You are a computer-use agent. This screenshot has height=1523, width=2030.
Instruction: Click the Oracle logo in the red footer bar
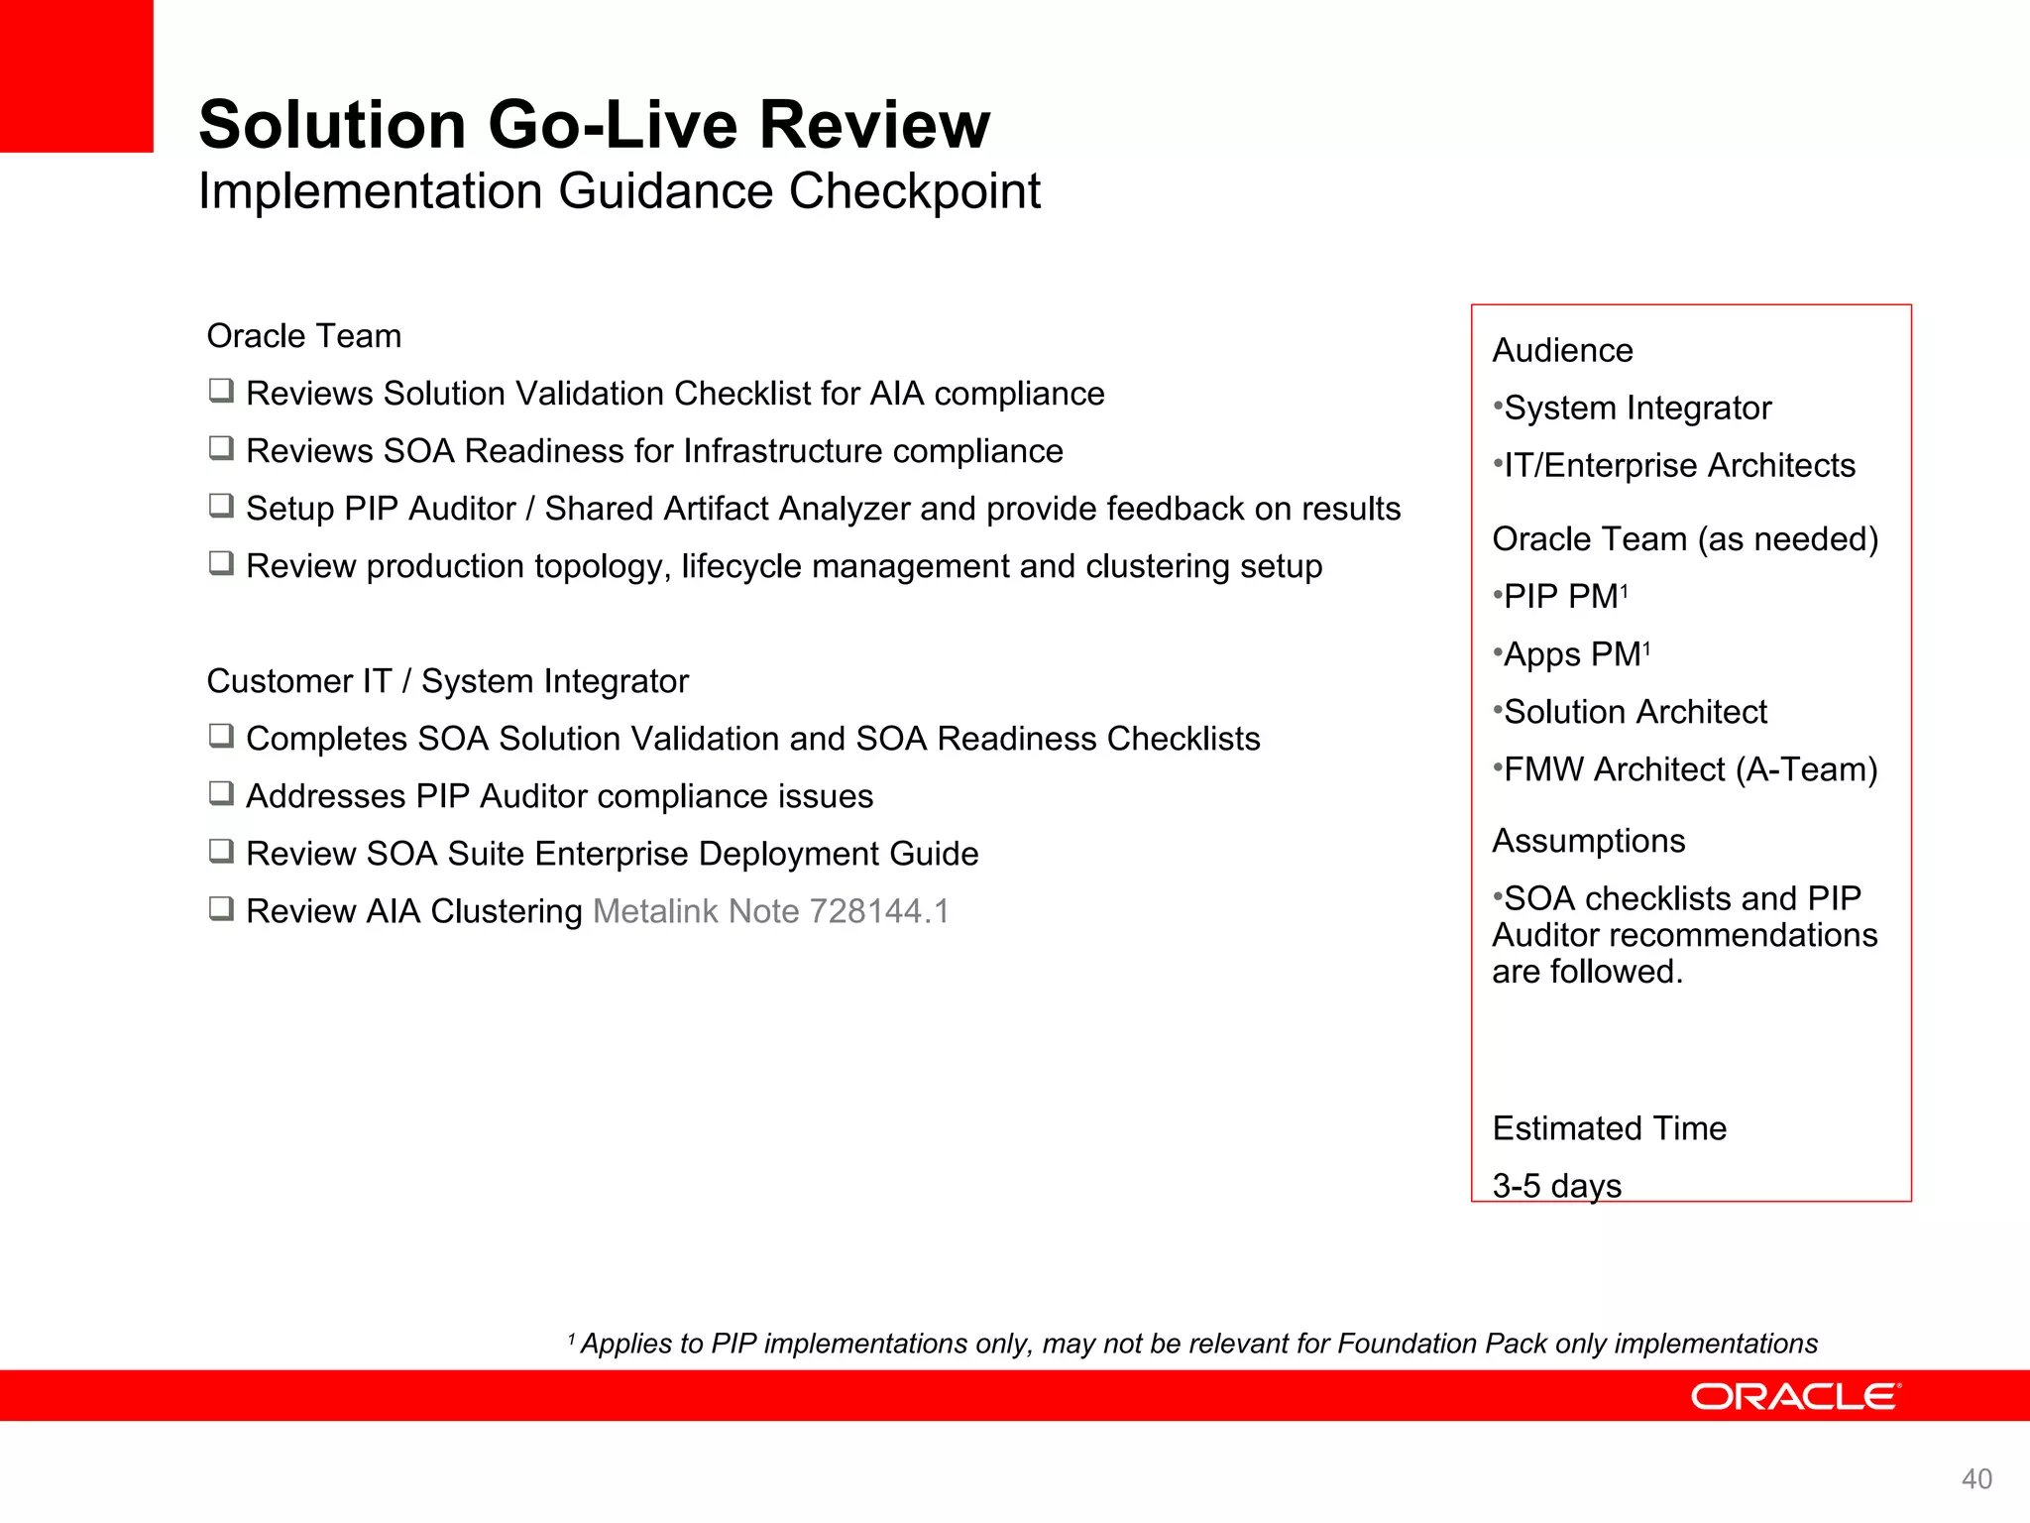click(1795, 1396)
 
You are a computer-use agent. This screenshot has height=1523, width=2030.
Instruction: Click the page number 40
click(1976, 1479)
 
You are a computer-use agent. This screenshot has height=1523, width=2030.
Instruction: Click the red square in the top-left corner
click(76, 75)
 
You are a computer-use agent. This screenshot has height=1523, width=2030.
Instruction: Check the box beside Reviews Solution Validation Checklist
click(221, 391)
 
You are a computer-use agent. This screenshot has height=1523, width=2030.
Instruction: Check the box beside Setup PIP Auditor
click(221, 506)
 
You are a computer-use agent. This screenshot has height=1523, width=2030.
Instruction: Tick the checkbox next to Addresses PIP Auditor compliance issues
click(221, 793)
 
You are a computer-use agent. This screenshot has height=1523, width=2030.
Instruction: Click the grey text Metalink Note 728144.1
click(771, 911)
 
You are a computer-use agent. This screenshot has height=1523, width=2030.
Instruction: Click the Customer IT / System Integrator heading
click(447, 681)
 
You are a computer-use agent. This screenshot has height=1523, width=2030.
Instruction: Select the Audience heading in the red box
click(1562, 351)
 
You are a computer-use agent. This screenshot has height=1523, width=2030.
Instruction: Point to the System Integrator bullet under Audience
click(1636, 409)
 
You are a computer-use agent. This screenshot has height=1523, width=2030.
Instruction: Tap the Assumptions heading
click(1588, 841)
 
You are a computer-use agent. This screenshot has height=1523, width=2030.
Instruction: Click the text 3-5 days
click(1556, 1185)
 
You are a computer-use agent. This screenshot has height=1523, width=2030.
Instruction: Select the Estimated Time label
click(1609, 1128)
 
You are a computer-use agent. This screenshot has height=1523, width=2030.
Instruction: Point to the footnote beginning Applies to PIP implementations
click(1197, 1344)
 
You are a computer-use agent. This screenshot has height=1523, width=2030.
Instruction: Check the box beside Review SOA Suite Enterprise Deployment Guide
click(221, 851)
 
